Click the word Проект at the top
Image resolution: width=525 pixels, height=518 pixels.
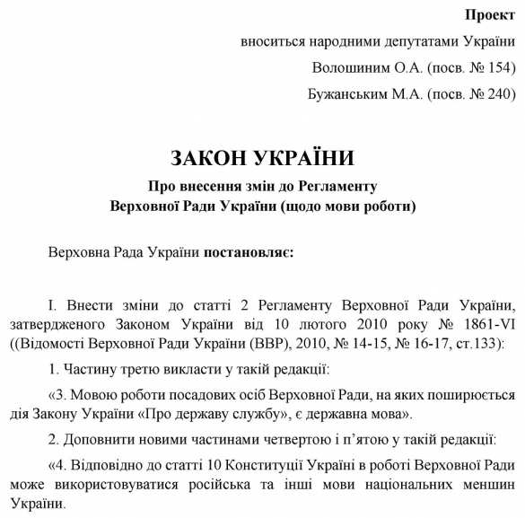(490, 15)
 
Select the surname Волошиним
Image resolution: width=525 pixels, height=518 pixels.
(351, 67)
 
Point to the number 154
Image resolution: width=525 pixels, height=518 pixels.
(500, 67)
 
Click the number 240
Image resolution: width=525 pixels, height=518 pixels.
(500, 93)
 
